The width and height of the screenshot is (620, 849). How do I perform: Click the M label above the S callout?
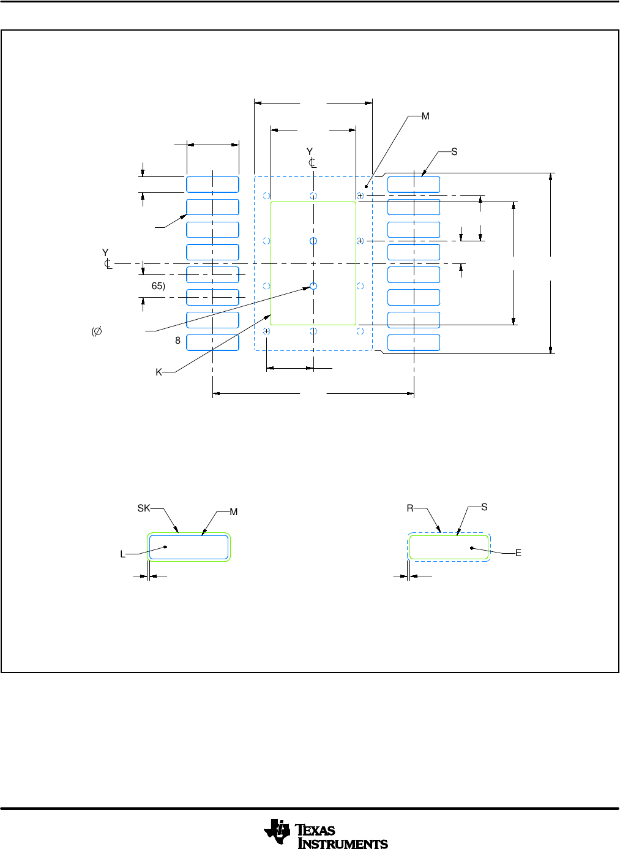pos(425,116)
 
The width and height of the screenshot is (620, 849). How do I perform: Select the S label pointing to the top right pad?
pos(454,152)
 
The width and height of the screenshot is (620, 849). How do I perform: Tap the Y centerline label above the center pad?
pos(310,152)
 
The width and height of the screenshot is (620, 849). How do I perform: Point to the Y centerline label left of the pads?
pos(105,253)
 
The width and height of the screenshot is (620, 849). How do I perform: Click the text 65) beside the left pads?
pos(158,286)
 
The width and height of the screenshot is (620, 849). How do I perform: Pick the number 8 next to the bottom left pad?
pos(178,341)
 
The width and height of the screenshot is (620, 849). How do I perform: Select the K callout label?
pos(159,372)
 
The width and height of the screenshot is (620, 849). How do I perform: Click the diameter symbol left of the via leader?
pos(97,331)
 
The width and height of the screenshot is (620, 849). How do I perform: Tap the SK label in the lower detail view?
pos(144,508)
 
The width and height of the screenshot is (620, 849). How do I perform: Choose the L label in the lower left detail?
pos(122,554)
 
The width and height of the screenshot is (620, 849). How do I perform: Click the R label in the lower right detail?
pos(410,508)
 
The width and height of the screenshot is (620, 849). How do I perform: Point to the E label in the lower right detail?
pos(518,553)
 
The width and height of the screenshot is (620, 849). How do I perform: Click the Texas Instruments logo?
pos(326,834)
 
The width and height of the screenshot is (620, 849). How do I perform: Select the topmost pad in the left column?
pos(212,184)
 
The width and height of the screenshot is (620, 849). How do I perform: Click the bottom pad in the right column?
pos(414,342)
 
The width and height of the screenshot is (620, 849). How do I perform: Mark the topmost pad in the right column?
pos(414,184)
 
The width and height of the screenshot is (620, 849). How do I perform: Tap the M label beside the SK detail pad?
pos(233,512)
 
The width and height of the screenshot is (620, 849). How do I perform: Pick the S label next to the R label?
pos(484,507)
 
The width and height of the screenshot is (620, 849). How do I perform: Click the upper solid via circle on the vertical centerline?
pos(313,241)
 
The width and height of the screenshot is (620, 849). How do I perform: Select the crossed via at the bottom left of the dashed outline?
pos(267,331)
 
